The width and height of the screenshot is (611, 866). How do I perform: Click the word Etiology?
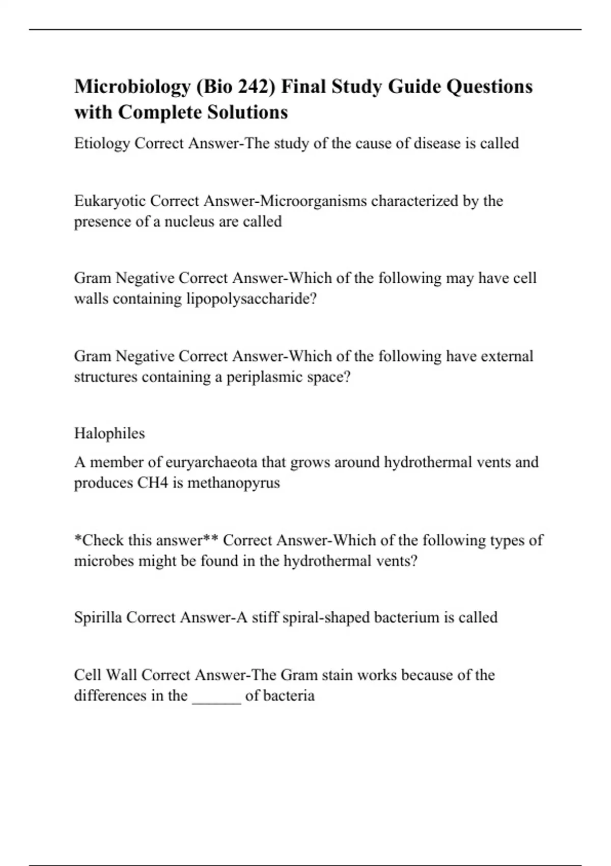point(102,144)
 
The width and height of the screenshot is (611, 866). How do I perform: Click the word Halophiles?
point(109,434)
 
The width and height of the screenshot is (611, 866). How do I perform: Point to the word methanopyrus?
point(234,483)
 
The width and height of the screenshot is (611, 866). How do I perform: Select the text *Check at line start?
point(99,540)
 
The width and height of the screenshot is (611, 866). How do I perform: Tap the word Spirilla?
point(98,617)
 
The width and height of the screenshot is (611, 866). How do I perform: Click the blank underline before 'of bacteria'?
point(216,696)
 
